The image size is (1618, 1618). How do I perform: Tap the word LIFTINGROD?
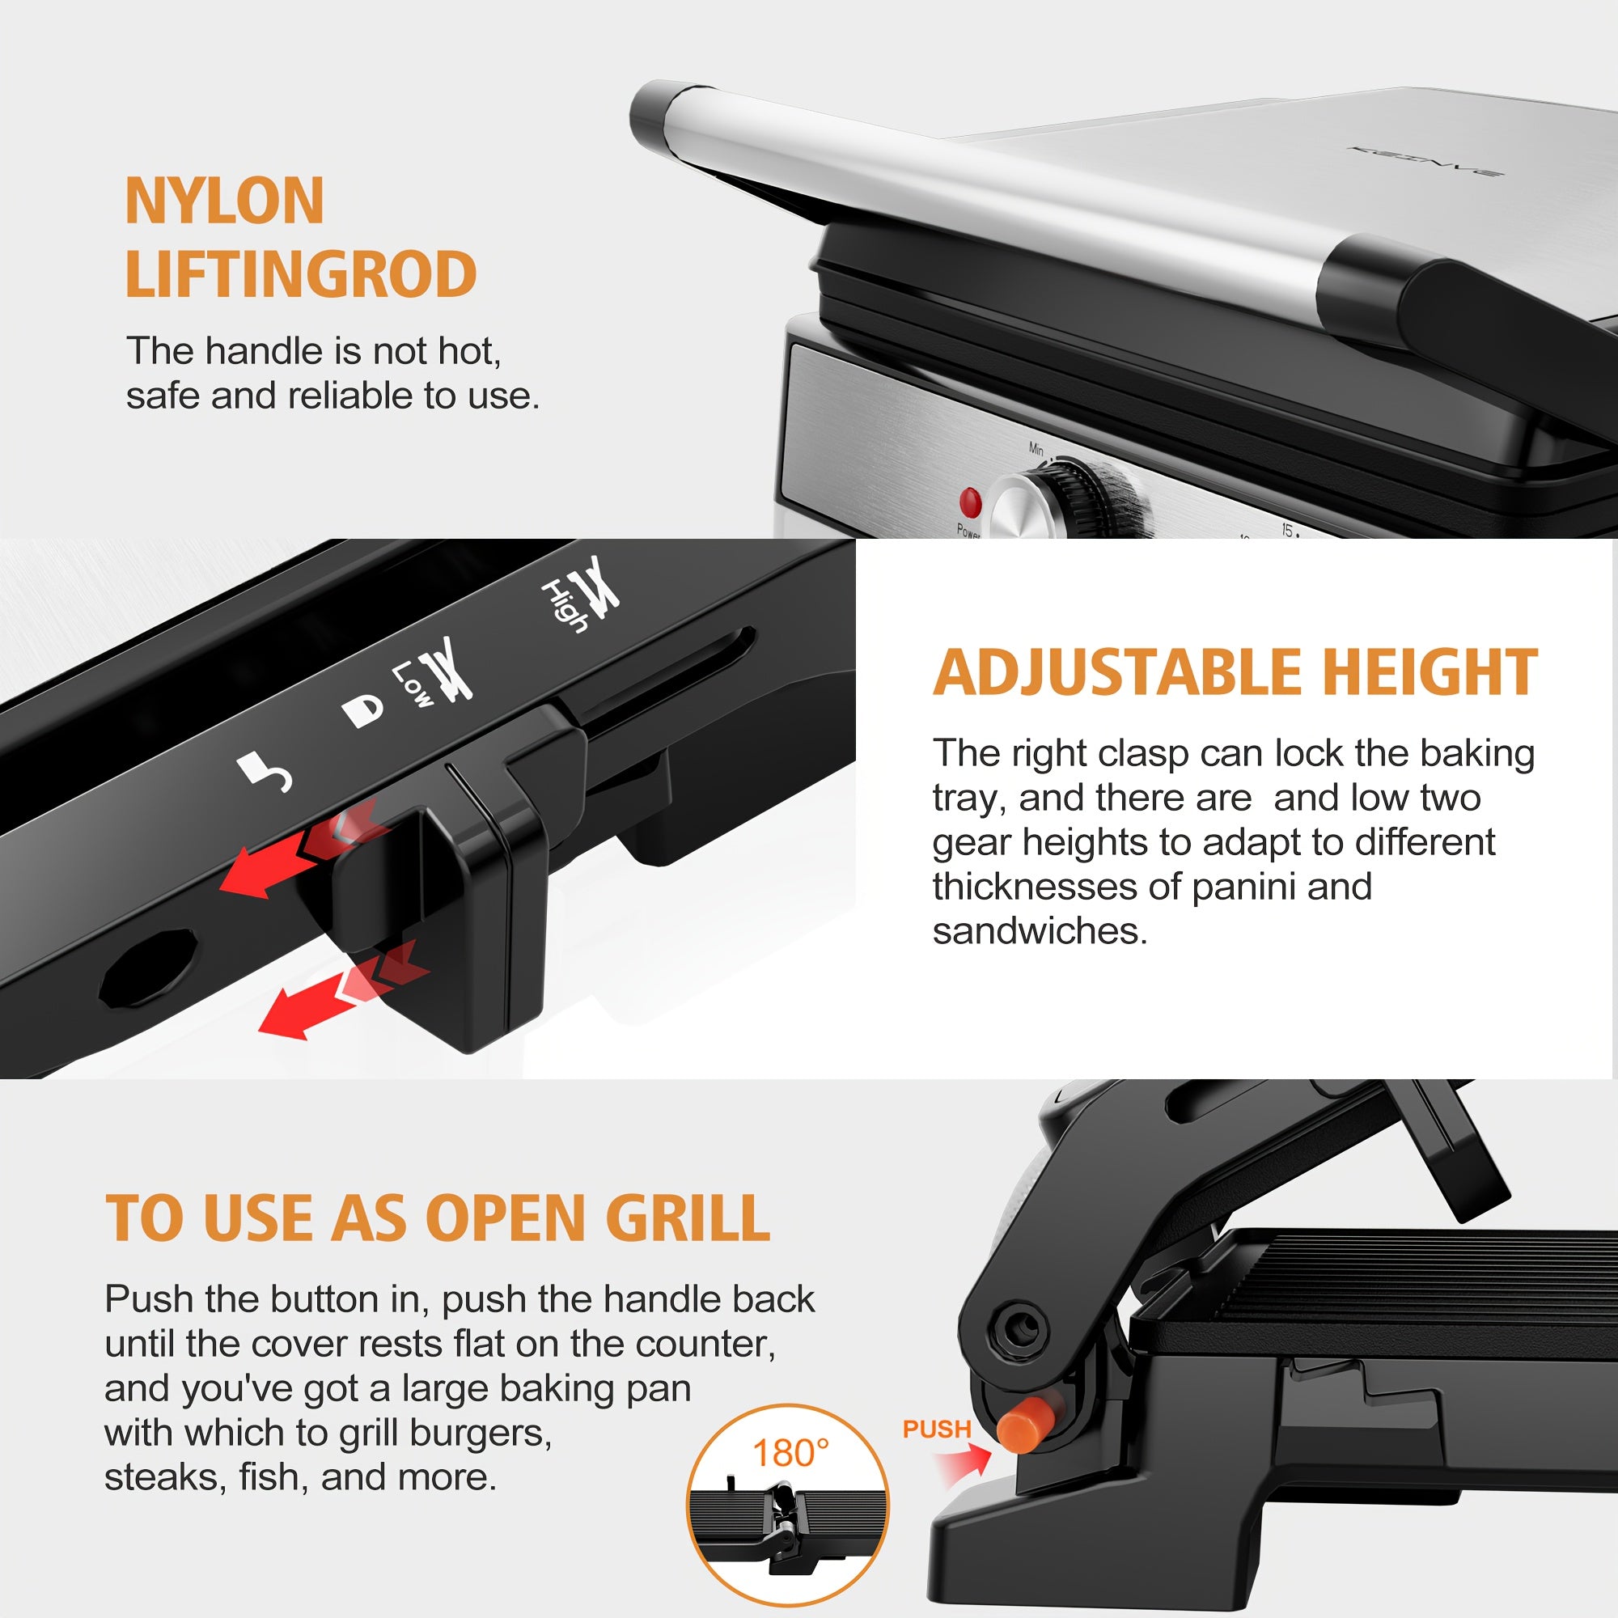301,275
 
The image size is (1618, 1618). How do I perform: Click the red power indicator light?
970,502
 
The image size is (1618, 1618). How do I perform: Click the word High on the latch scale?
565,604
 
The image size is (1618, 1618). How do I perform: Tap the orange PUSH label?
936,1429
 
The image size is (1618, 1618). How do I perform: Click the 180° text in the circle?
790,1453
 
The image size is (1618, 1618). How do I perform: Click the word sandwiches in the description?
1040,931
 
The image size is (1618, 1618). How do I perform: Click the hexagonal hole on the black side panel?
149,968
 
